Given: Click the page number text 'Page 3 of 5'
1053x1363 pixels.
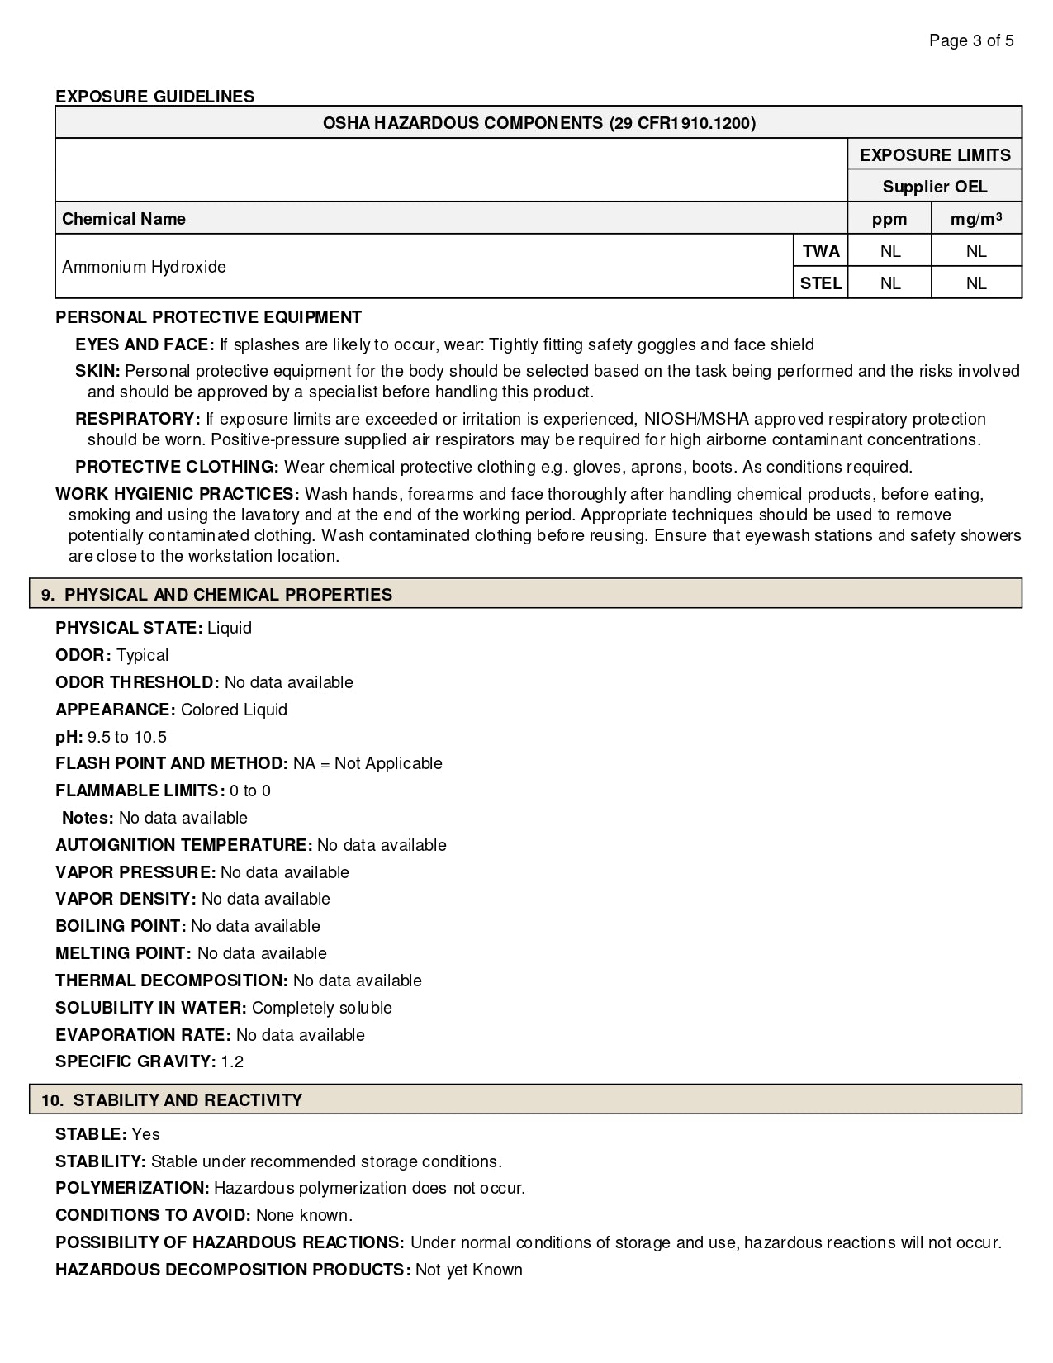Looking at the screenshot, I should tap(971, 40).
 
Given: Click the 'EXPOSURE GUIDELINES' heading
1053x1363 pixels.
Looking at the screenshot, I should tap(154, 97).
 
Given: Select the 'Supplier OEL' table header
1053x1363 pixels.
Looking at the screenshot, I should tap(934, 187).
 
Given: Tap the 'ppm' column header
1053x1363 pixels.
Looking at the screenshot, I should tap(889, 219).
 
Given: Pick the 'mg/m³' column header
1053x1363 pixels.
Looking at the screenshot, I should tap(975, 219).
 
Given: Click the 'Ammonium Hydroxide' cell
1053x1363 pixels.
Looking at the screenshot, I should tap(144, 267).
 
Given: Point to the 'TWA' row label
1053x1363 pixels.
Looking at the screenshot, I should tap(820, 251).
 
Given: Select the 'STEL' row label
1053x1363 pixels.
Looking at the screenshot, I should tap(820, 283).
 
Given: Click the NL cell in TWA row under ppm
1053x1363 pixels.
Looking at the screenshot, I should tap(889, 251).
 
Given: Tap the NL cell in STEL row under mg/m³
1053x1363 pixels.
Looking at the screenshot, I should tap(975, 283).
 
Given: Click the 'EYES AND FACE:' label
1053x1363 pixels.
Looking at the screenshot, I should tap(145, 344).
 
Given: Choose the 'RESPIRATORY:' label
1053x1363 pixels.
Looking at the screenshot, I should tap(137, 419).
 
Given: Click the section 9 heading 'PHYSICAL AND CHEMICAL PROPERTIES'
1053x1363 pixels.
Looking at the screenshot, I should tap(228, 595).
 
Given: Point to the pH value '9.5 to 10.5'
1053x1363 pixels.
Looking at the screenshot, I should tap(127, 737).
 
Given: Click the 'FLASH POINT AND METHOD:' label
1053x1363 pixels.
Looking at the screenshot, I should tap(171, 763).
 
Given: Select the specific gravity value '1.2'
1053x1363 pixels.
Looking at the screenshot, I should tap(232, 1061).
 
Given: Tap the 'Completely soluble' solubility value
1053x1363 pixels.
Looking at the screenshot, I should tap(321, 1008).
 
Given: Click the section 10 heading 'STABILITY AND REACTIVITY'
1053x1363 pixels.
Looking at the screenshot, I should tap(187, 1100).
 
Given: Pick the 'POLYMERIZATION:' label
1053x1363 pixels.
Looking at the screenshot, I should tap(132, 1188).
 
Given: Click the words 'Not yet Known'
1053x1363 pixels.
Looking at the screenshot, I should tap(468, 1270).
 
